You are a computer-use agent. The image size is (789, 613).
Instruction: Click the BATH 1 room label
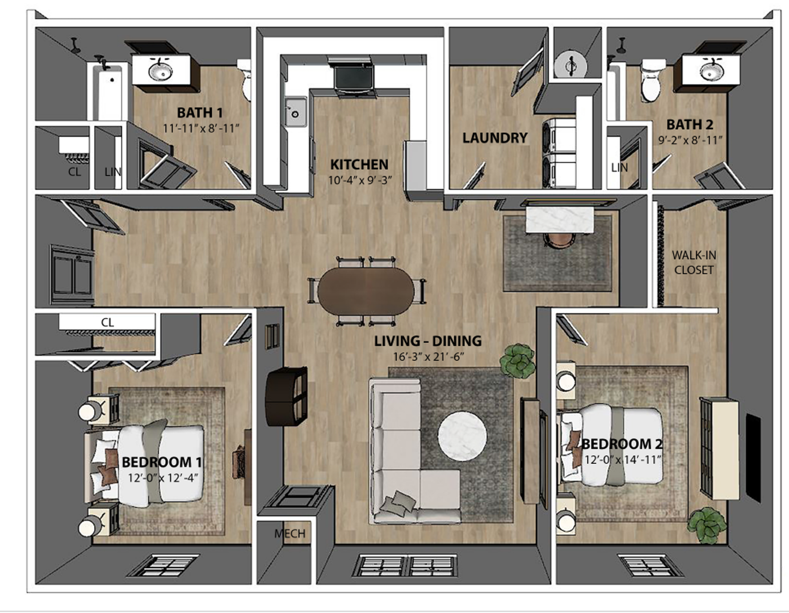(x=200, y=112)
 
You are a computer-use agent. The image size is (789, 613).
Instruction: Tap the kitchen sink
(x=295, y=112)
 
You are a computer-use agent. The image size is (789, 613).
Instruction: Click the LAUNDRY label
(x=494, y=138)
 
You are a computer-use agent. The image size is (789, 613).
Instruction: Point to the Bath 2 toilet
(x=650, y=81)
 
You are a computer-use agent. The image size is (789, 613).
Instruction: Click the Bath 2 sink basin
(x=711, y=72)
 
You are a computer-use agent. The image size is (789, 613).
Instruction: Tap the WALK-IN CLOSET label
(x=694, y=263)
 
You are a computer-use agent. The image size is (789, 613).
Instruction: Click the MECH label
(x=289, y=534)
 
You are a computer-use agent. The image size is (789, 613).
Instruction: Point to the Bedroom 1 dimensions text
(x=162, y=478)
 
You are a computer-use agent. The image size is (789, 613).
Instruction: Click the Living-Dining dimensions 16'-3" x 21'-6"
(x=428, y=357)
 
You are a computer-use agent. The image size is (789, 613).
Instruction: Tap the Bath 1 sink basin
(x=161, y=71)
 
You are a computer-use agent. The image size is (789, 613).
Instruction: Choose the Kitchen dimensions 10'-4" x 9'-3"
(x=359, y=180)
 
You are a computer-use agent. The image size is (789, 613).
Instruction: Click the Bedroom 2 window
(x=642, y=565)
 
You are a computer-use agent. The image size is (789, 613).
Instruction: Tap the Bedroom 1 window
(x=162, y=565)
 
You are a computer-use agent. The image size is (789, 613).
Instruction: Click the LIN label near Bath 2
(x=619, y=167)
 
